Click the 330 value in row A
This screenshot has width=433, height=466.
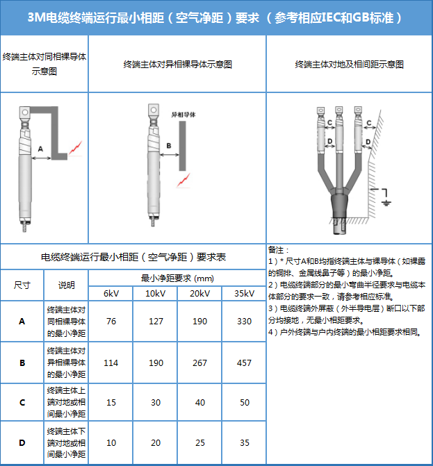tap(244, 322)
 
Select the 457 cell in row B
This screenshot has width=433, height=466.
tap(244, 363)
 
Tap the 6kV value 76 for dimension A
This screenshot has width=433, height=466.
tap(111, 322)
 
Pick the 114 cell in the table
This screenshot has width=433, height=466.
tap(111, 363)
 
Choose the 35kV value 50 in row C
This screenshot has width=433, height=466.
tap(245, 402)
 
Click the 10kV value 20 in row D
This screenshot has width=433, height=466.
tap(156, 443)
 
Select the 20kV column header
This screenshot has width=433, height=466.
tap(200, 294)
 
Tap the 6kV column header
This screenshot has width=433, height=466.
tap(111, 294)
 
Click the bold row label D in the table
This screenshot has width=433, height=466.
tap(22, 443)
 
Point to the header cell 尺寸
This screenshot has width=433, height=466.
tap(22, 285)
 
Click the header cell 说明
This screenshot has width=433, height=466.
tap(66, 285)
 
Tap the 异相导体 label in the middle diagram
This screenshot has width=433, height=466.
tap(183, 115)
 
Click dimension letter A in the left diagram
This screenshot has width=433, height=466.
tap(40, 149)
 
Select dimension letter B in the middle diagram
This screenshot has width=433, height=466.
tap(169, 146)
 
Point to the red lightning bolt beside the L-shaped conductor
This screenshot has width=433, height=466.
tap(75, 149)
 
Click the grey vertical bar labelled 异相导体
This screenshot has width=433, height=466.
tap(182, 146)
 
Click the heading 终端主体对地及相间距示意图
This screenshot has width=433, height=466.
tap(349, 65)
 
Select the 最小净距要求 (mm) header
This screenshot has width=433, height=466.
tap(177, 278)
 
